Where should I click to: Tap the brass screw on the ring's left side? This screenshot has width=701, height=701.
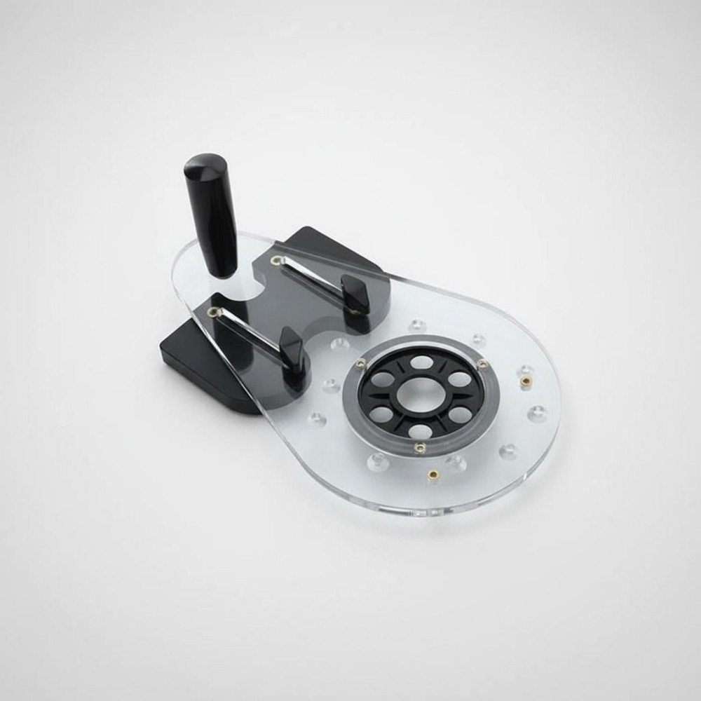click(x=360, y=362)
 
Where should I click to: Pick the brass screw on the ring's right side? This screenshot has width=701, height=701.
click(x=482, y=363)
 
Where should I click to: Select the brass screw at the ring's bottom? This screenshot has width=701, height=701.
click(x=419, y=447)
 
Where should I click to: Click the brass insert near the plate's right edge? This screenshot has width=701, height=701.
click(x=524, y=381)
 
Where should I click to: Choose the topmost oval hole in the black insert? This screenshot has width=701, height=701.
click(x=421, y=362)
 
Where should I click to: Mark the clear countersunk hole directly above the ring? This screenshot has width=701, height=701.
click(x=418, y=325)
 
